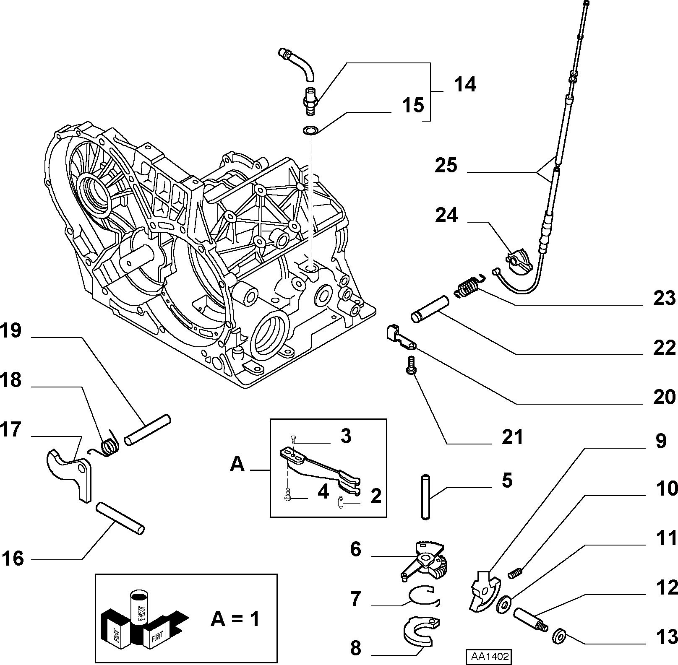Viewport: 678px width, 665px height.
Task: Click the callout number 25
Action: tap(446, 165)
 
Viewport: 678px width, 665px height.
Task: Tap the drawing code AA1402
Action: tap(489, 656)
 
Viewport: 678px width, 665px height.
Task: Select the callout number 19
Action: tap(10, 331)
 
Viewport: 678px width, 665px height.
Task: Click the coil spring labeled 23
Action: tap(468, 286)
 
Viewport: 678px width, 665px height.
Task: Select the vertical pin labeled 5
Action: tap(425, 497)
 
